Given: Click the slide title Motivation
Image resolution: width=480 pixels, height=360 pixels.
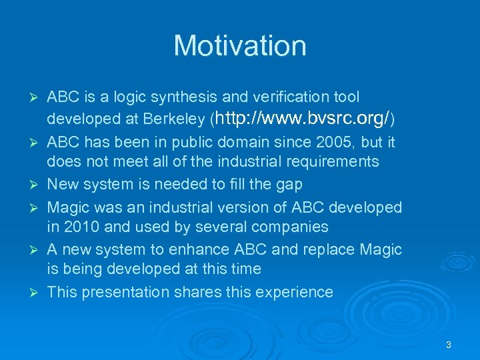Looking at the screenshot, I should [x=240, y=46].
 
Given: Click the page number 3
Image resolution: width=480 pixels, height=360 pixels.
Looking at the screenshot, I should [x=449, y=345].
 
